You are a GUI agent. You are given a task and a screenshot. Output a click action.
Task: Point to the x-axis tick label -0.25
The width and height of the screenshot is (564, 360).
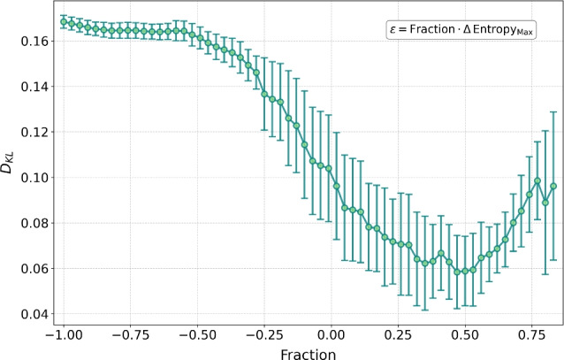[x=263, y=336]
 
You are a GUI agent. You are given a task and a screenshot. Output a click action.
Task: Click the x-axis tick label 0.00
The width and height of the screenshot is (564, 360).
[x=332, y=336]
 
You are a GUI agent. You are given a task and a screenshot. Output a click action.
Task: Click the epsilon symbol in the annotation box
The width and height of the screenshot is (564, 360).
[x=394, y=30]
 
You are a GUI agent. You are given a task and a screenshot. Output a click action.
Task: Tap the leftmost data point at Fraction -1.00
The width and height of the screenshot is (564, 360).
[x=63, y=22]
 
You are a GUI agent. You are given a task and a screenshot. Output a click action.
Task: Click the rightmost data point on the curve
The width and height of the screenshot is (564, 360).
[x=553, y=186]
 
